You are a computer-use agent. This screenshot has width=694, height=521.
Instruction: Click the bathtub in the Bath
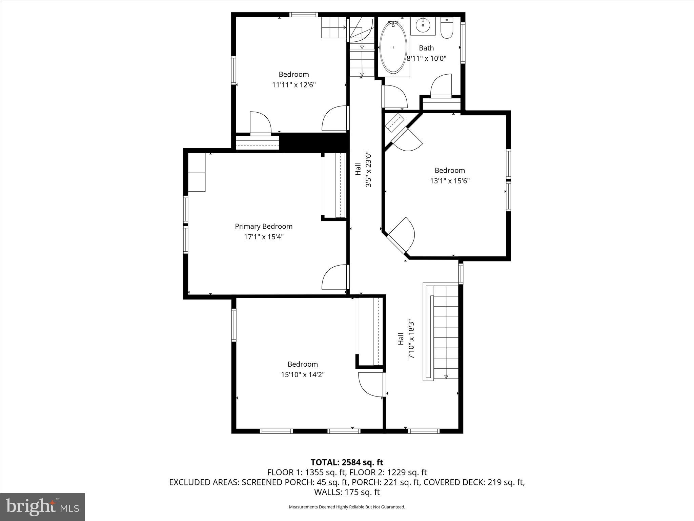(393, 47)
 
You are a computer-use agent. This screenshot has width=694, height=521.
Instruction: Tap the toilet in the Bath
(447, 28)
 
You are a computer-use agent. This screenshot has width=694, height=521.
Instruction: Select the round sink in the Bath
(423, 24)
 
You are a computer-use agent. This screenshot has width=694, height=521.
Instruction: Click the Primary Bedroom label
(264, 226)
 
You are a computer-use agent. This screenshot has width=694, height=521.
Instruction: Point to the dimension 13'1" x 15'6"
(450, 181)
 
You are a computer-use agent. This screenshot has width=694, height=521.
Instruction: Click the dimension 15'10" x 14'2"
(303, 374)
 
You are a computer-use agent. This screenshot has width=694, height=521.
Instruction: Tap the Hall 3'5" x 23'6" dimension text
(368, 170)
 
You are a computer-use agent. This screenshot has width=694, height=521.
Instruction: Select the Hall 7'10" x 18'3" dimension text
(411, 339)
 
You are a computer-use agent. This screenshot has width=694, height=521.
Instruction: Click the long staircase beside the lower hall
(446, 332)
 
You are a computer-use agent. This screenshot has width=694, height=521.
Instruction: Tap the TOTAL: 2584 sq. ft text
(347, 462)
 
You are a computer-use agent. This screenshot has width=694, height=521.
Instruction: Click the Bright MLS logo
(42, 507)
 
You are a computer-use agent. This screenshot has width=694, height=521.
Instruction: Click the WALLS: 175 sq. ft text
(347, 492)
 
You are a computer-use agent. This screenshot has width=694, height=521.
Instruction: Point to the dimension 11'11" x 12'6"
(294, 85)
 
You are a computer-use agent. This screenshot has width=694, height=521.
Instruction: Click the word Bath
(426, 48)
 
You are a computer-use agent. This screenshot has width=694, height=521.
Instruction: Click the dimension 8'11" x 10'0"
(426, 58)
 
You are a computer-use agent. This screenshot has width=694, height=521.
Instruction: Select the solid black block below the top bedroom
(313, 142)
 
